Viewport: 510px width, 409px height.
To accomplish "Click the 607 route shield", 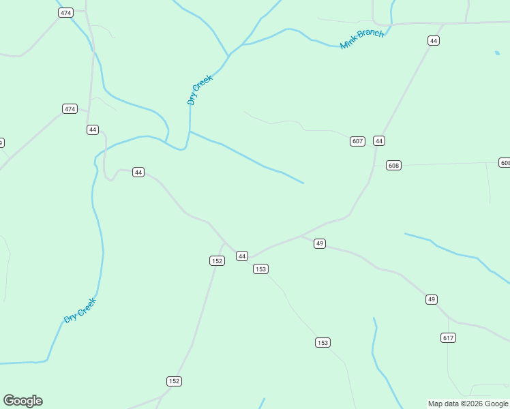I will tap(357, 141).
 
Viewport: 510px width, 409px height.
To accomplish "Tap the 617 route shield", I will tap(448, 338).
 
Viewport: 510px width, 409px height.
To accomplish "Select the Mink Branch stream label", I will tap(362, 39).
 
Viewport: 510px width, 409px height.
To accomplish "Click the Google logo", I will tap(22, 401).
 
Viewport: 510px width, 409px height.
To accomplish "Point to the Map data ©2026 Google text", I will tap(468, 404).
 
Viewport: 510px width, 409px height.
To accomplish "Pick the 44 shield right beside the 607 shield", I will tap(379, 141).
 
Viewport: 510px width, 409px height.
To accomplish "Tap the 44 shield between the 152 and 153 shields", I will tap(241, 256).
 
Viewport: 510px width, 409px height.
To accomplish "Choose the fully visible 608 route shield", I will tap(393, 166).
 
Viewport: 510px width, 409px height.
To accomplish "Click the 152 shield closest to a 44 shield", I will tap(216, 261).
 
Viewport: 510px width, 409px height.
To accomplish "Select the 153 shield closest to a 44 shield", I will tap(260, 269).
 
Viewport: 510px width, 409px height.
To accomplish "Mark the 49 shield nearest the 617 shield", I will tap(432, 299).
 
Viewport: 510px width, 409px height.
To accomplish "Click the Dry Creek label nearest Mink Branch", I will tap(200, 89).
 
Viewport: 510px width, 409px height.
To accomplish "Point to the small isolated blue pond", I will tap(496, 52).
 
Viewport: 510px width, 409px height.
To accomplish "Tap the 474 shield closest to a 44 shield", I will tap(70, 109).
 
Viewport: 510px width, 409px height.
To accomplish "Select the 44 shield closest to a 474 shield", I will tap(93, 130).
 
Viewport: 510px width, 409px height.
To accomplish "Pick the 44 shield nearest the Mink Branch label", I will tap(434, 41).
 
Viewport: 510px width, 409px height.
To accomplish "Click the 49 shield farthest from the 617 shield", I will tap(320, 243).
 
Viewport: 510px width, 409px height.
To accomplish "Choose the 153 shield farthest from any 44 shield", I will tap(322, 342).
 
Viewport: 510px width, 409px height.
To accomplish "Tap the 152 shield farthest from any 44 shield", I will tap(174, 381).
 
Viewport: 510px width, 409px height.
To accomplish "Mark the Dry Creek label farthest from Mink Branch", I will tap(80, 310).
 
